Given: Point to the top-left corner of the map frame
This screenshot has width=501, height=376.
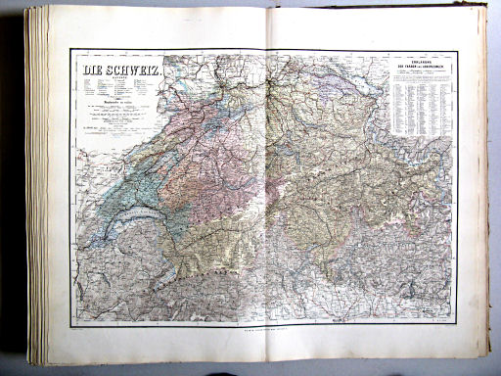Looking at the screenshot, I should pos(70,50).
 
